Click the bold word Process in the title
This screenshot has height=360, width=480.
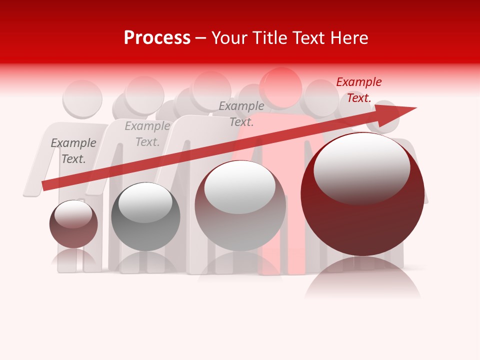157,38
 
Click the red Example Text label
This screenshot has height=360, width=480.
358,90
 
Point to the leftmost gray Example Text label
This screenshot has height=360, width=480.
73,151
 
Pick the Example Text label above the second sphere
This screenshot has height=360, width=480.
147,134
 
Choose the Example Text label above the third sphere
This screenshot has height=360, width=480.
241,113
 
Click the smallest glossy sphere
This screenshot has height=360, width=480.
73,224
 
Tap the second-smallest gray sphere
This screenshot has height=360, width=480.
145,217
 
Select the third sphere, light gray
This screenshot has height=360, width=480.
240,206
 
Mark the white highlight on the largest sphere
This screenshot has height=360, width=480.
361,167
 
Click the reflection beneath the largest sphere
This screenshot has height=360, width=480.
362,277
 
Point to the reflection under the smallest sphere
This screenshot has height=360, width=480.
73,257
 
